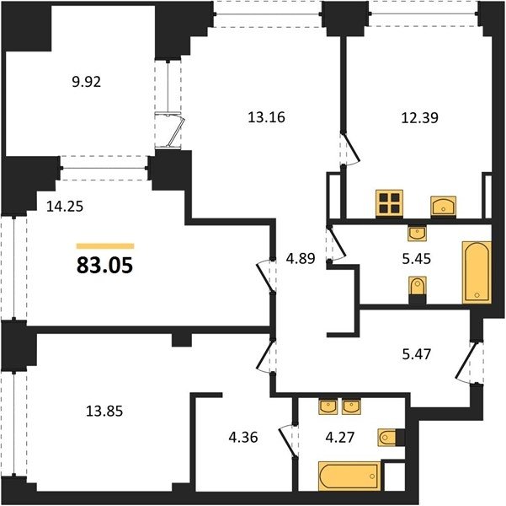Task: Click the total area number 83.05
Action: coord(104,266)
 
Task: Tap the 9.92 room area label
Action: coord(87,82)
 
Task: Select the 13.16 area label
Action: coord(266,117)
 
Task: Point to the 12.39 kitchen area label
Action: coord(419,117)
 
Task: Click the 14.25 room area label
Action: coord(65,207)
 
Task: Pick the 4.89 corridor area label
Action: coord(301,258)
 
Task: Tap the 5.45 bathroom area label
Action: coord(416,259)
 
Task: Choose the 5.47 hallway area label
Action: coord(416,354)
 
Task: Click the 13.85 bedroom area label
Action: coord(104,412)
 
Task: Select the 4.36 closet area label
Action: coord(243,437)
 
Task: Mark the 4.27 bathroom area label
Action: coord(340,437)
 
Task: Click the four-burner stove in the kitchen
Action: coord(390,202)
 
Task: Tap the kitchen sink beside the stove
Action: coord(444,206)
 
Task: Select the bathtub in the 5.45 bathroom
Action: coord(477,272)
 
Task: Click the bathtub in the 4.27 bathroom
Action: coord(349,476)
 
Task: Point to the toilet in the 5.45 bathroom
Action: coord(418,287)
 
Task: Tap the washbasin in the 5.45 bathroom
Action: coord(418,233)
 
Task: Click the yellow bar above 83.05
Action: coord(105,246)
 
